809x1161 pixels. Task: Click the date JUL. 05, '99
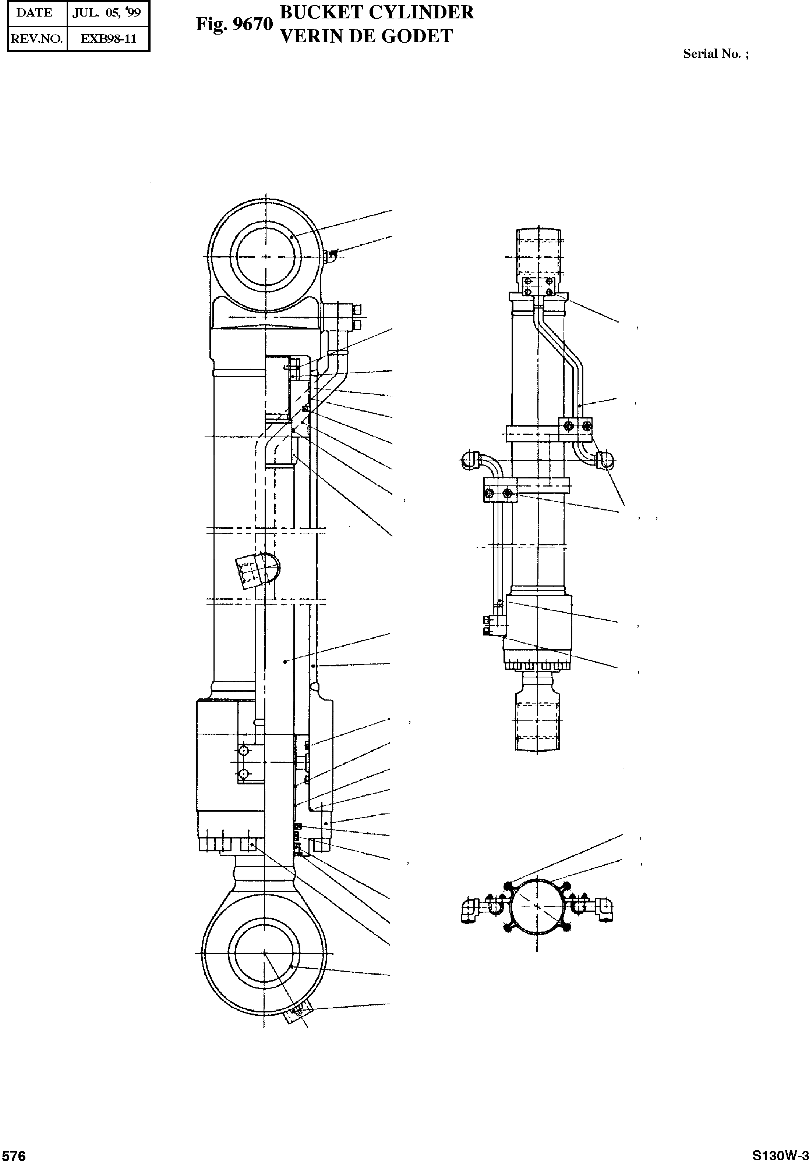click(106, 13)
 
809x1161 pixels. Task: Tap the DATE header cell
click(34, 13)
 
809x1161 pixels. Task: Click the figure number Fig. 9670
click(234, 24)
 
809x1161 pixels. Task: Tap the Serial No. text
click(715, 54)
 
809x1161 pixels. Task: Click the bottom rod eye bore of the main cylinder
click(264, 953)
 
